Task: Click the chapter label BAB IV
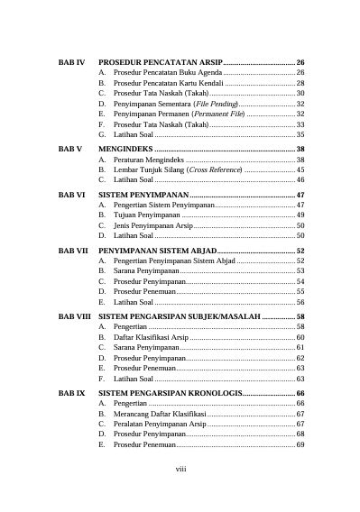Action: coord(70,60)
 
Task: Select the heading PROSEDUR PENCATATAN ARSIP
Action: coord(160,60)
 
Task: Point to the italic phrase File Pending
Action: coord(212,104)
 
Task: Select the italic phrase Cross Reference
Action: coord(214,169)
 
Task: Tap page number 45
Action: coord(300,169)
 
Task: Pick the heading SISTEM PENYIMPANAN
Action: coord(143,195)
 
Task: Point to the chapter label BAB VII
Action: coord(72,251)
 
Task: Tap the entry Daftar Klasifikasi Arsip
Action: coord(150,337)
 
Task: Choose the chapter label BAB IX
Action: coord(70,394)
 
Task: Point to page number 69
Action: coord(300,444)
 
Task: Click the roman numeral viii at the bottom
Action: coord(180,469)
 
